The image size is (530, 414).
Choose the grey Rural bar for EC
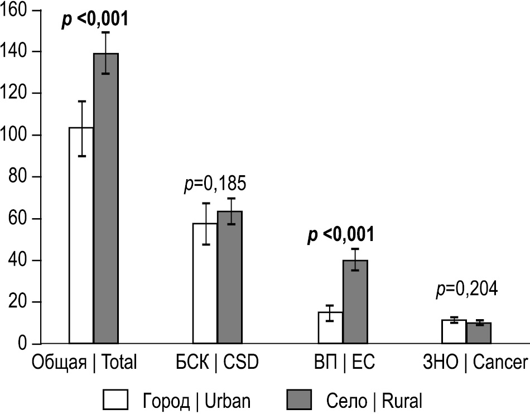click(x=355, y=302)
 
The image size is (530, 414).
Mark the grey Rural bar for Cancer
click(x=479, y=333)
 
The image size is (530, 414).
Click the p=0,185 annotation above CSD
click(x=215, y=185)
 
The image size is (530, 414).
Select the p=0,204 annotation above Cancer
click(x=466, y=290)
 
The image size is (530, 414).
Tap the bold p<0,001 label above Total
click(x=94, y=20)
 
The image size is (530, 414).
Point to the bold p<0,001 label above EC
click(x=340, y=235)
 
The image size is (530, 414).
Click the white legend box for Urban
click(x=117, y=399)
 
